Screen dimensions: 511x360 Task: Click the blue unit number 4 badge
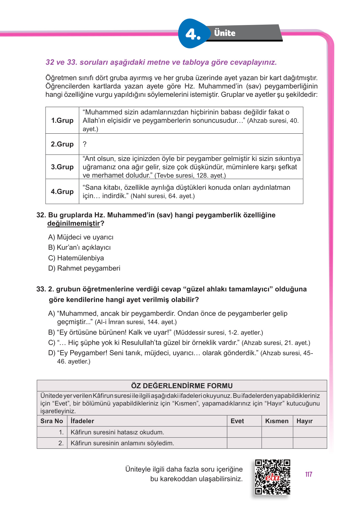pyautogui.click(x=193, y=34)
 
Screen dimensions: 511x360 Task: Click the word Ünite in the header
pyautogui.click(x=225, y=33)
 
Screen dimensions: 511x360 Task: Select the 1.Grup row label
pyautogui.click(x=62, y=121)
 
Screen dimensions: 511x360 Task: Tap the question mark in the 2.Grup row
pyautogui.click(x=85, y=144)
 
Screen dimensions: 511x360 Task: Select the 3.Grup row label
pyautogui.click(x=62, y=167)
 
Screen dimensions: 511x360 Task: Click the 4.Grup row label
pyautogui.click(x=62, y=192)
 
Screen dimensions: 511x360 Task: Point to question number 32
pyautogui.click(x=41, y=215)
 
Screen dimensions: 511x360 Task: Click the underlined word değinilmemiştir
pyautogui.click(x=74, y=223)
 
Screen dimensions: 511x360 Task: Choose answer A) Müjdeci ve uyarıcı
pyautogui.click(x=81, y=237)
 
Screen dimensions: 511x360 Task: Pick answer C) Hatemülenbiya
pyautogui.click(x=76, y=258)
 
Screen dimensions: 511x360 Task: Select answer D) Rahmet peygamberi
pyautogui.click(x=84, y=268)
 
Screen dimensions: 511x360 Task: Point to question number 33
pyautogui.click(x=41, y=289)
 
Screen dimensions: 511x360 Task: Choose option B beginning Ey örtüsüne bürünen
pyautogui.click(x=155, y=332)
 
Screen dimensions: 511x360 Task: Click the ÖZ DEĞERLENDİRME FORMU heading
pyautogui.click(x=182, y=386)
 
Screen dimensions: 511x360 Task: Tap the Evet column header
pyautogui.click(x=237, y=421)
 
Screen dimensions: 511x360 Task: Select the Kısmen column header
pyautogui.click(x=277, y=421)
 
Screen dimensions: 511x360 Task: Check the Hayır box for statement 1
pyautogui.click(x=310, y=432)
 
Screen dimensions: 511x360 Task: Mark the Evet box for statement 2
pyautogui.click(x=244, y=443)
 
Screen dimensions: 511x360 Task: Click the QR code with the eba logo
pyautogui.click(x=272, y=477)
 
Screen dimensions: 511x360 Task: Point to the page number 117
pyautogui.click(x=309, y=474)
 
